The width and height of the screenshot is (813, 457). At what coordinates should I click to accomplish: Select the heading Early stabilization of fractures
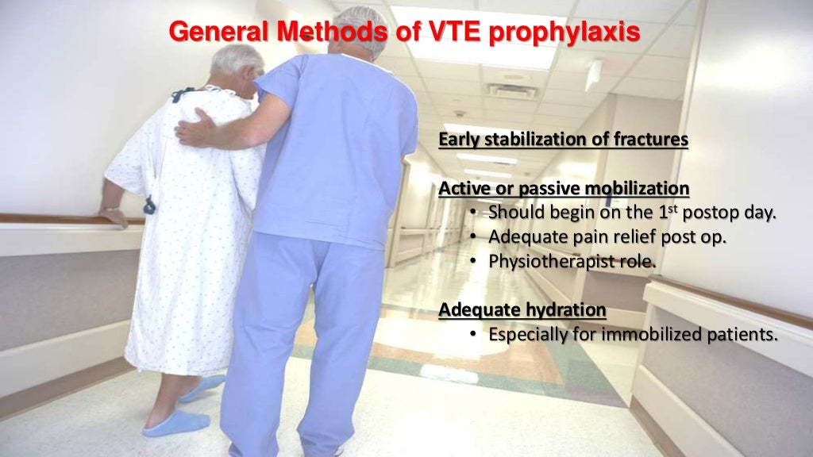(x=563, y=140)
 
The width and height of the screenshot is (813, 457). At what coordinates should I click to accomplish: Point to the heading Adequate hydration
(x=522, y=309)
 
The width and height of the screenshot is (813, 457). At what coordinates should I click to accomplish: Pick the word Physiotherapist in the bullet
(x=548, y=260)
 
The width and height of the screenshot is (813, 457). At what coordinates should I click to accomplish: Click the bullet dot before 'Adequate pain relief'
(x=473, y=236)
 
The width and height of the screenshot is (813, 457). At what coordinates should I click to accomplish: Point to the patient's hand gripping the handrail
(x=113, y=213)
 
